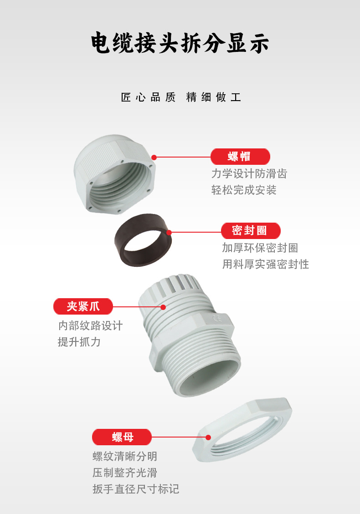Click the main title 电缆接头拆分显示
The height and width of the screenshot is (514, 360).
180,43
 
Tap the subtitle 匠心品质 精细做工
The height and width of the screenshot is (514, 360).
181,97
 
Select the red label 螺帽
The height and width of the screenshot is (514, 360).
240,157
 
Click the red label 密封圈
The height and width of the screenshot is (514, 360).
251,231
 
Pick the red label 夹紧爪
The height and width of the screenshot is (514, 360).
83,306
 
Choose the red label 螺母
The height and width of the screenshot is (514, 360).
122,437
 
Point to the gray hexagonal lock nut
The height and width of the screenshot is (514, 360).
242,430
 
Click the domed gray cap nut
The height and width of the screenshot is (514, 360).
114,174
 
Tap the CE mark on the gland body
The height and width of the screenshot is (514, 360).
217,318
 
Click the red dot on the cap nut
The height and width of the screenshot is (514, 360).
154,158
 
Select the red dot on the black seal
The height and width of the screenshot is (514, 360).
169,233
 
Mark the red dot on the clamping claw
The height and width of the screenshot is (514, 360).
163,307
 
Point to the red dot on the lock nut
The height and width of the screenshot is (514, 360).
208,438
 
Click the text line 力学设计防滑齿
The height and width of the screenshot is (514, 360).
249,174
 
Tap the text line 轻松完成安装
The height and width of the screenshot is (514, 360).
244,190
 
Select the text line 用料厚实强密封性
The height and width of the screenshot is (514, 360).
266,264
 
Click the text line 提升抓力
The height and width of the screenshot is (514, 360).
79,342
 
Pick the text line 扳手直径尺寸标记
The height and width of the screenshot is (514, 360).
136,489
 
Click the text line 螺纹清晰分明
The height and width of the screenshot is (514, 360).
125,456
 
